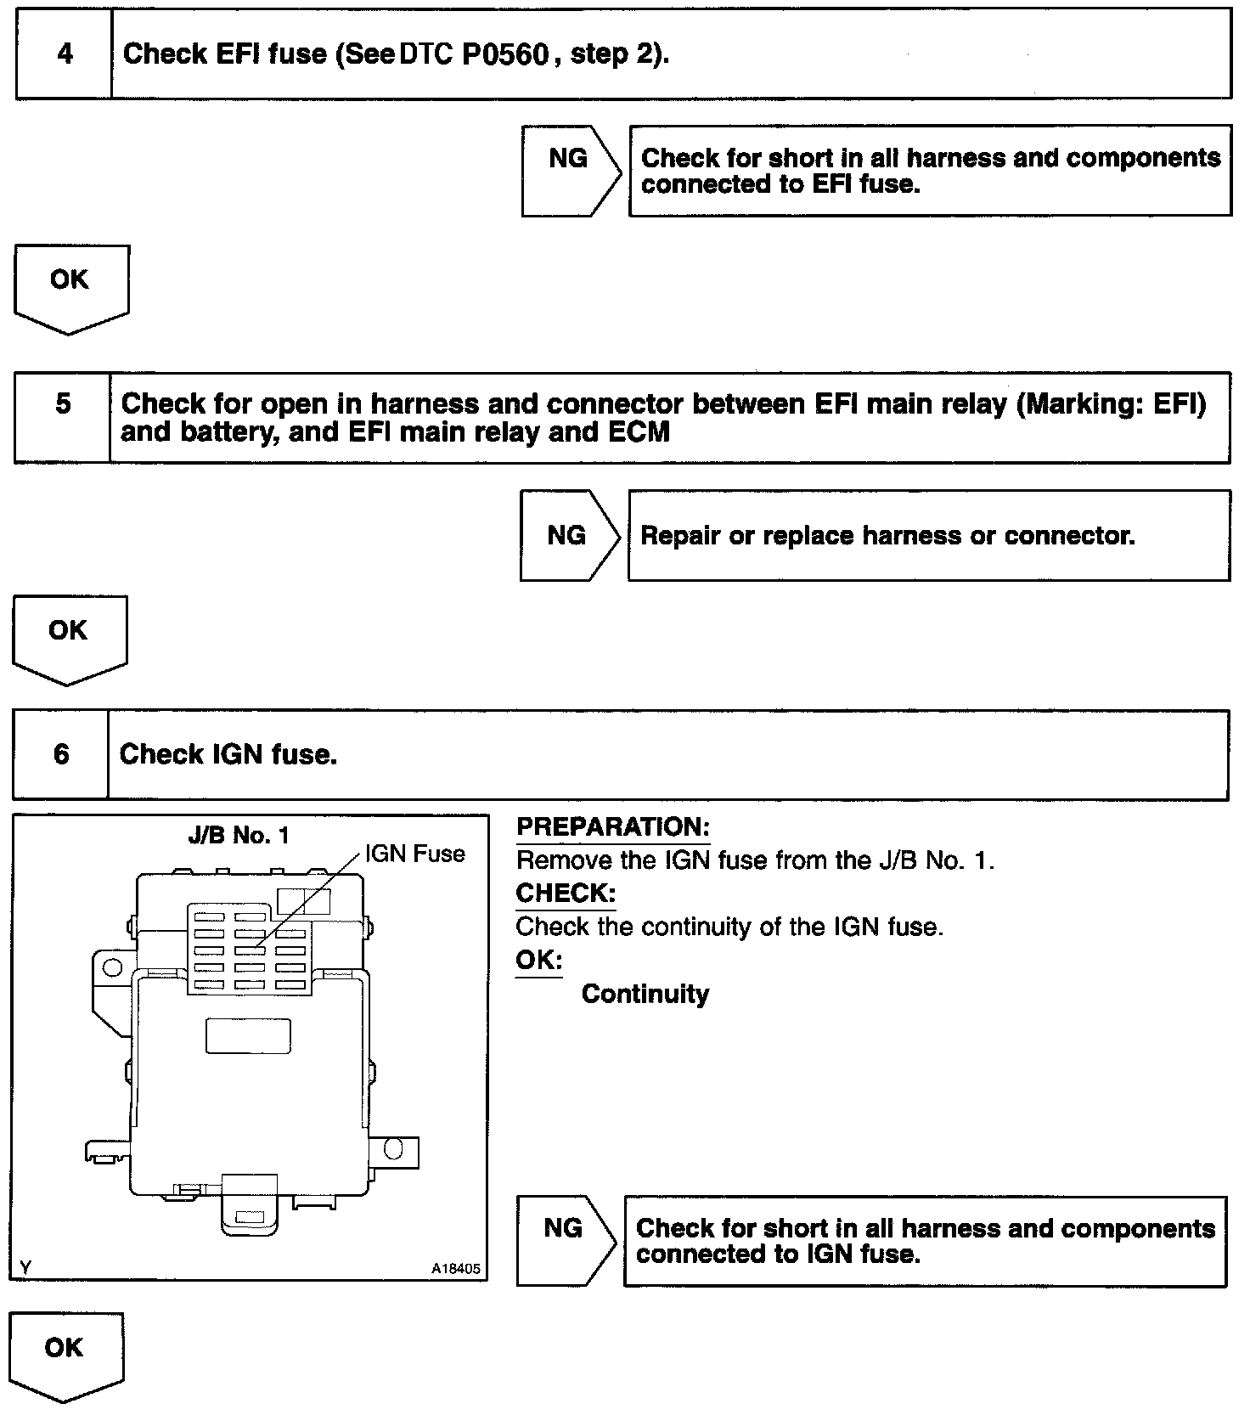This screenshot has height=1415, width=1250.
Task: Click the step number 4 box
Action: (x=65, y=54)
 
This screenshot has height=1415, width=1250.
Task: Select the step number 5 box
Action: (x=63, y=417)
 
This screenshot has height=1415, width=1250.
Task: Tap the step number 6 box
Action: (x=61, y=755)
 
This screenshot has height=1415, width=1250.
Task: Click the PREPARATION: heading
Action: (x=612, y=827)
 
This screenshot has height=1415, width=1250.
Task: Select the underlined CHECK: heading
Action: (x=565, y=894)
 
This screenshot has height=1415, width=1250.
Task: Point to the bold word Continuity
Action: (x=645, y=994)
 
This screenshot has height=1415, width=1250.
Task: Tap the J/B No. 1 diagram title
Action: (x=239, y=836)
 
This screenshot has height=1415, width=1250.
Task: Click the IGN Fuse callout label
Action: (x=415, y=854)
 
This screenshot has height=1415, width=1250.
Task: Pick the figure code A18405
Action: (x=455, y=1269)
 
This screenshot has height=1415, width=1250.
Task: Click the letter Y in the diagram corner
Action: (x=25, y=1268)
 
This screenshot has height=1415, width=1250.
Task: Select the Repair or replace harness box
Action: (x=928, y=535)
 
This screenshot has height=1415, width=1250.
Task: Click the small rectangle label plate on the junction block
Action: (x=248, y=1035)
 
